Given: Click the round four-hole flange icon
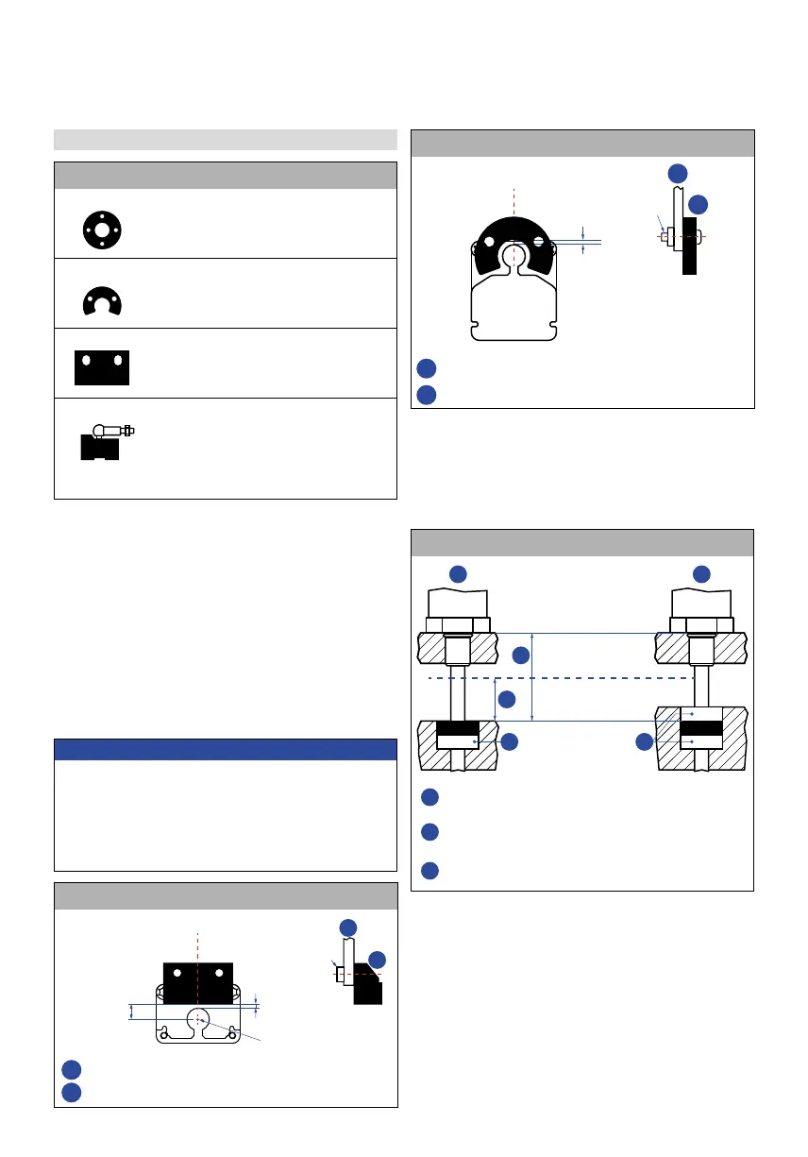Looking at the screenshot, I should (x=101, y=230).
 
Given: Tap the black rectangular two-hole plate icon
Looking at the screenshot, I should (x=101, y=367).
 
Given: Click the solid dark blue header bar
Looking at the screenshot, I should (x=226, y=750).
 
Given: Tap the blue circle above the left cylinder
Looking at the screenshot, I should (x=457, y=573).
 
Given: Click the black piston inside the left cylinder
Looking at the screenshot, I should (x=458, y=730).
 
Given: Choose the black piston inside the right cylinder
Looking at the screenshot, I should (x=700, y=730).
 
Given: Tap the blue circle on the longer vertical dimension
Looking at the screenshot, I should (x=521, y=655).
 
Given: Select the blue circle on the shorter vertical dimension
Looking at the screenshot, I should (x=507, y=700).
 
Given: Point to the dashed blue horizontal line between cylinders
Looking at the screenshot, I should (x=566, y=678).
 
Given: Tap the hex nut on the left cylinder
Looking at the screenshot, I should (x=458, y=624).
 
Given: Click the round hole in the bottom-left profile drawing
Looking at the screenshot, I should (x=198, y=1018).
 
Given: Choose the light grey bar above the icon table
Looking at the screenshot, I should (x=225, y=140).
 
